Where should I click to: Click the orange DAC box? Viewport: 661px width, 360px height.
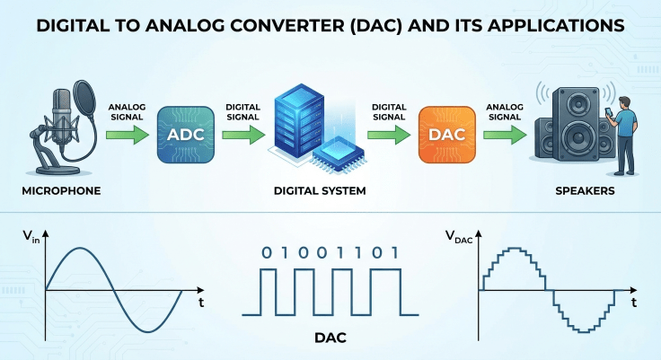click(x=447, y=134)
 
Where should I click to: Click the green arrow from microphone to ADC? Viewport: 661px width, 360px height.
click(x=127, y=136)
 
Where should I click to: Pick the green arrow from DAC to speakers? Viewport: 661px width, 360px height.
click(x=503, y=136)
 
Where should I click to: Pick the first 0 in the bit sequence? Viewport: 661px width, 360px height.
click(x=265, y=253)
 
